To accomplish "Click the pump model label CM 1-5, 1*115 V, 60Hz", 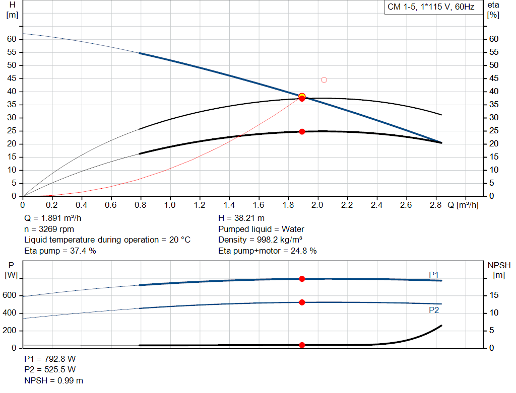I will (431, 8).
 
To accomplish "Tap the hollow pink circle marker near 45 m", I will (324, 80).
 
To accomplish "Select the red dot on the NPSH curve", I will (302, 345).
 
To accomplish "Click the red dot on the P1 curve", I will (302, 279).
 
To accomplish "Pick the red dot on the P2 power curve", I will (302, 302).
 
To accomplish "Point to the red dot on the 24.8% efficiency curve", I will (302, 132).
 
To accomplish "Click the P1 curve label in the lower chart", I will (433, 274).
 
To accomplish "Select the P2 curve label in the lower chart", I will (433, 310).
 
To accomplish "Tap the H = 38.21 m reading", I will (241, 218).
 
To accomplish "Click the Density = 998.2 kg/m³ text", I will (260, 240).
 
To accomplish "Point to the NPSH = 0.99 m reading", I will (54, 380).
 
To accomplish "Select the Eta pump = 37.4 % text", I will (60, 251).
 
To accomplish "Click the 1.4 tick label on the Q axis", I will (229, 205).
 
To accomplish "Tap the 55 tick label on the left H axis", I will (13, 52).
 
